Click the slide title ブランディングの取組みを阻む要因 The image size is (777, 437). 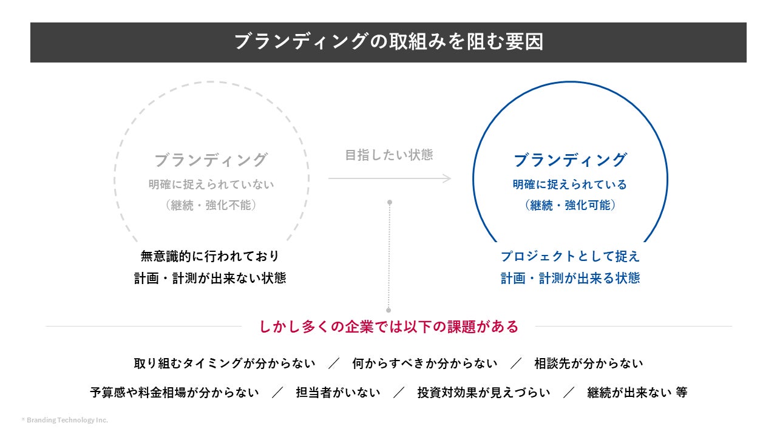click(x=388, y=42)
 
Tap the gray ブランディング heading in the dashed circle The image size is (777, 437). click(x=211, y=160)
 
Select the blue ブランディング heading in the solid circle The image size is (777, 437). click(x=569, y=160)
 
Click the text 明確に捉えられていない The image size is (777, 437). click(x=211, y=185)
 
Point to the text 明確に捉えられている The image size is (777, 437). click(x=569, y=185)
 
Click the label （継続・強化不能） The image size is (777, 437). click(x=211, y=205)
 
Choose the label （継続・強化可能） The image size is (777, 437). click(x=569, y=205)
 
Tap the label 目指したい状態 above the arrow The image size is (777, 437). click(x=388, y=155)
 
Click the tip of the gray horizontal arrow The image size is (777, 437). click(x=450, y=178)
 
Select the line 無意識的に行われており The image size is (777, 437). click(x=210, y=256)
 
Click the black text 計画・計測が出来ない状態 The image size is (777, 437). click(x=210, y=278)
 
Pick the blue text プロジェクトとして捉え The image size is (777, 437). click(x=570, y=256)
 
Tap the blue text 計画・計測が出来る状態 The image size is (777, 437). click(x=570, y=278)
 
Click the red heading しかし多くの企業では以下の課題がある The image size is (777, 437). click(x=388, y=327)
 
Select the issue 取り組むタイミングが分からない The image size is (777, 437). click(x=225, y=364)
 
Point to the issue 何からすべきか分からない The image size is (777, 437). click(x=424, y=364)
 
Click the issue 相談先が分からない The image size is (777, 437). click(x=588, y=364)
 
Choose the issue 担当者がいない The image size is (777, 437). click(x=338, y=393)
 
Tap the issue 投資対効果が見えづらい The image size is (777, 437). click(x=483, y=393)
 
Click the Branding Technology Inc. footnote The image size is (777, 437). click(x=65, y=420)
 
